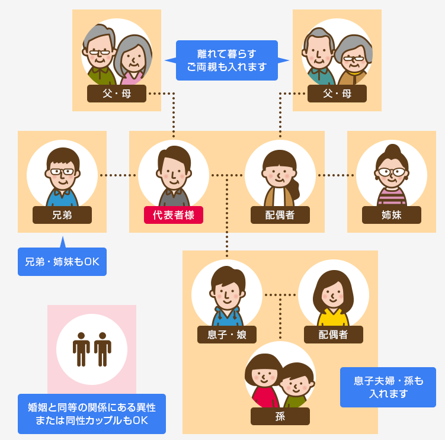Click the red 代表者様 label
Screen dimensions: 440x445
[174, 215]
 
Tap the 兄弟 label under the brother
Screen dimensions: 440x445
[62, 215]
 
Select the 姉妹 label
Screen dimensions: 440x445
[392, 215]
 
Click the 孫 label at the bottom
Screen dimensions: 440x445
[280, 416]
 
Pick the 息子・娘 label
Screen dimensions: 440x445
[227, 335]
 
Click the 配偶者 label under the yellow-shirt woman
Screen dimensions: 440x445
[334, 335]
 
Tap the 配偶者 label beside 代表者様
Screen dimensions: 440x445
[280, 215]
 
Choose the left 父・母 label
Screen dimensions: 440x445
[117, 94]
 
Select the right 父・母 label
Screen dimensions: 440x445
[337, 94]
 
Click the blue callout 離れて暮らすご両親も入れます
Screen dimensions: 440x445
[227, 60]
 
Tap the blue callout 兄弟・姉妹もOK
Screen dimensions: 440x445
[62, 262]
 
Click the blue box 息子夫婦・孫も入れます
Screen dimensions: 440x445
[388, 387]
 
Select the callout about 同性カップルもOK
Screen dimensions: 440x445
[92, 414]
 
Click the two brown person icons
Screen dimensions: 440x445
[92, 349]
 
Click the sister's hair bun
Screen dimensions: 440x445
[392, 149]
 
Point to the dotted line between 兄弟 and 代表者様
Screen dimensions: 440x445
[118, 175]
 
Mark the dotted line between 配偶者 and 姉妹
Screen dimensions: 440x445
[336, 175]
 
